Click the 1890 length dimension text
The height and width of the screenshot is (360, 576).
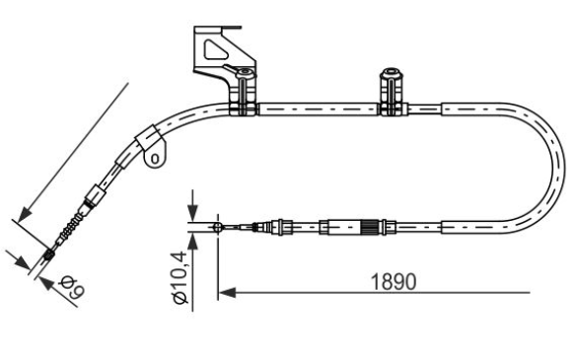pos(394,281)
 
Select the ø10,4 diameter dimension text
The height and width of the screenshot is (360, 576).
pos(180,277)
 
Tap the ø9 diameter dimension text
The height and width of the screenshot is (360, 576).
pos(73,287)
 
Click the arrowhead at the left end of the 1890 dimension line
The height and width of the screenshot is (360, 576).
pos(227,293)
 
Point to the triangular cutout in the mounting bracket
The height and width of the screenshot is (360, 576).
pos(216,49)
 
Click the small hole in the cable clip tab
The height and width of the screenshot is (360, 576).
pos(155,159)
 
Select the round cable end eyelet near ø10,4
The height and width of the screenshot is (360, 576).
pos(218,228)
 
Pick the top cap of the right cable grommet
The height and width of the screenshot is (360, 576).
pos(391,73)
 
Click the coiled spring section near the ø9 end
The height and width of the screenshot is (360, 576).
pos(71,228)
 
